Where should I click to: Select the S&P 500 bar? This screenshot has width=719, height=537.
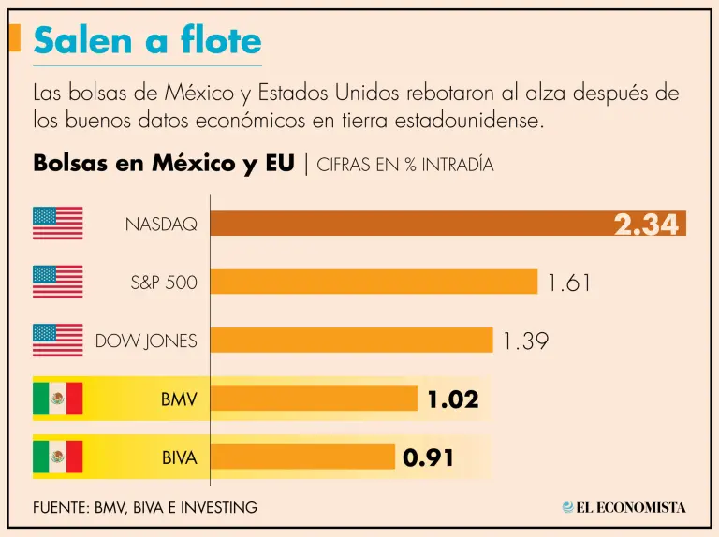click(x=374, y=282)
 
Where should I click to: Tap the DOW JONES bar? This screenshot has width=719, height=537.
click(x=351, y=340)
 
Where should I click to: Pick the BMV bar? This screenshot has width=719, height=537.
click(x=314, y=399)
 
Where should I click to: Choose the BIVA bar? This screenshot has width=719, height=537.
click(x=302, y=457)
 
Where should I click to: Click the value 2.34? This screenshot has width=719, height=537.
click(x=646, y=224)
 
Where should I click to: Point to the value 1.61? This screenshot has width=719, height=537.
click(x=569, y=283)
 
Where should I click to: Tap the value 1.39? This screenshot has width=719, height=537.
click(x=525, y=341)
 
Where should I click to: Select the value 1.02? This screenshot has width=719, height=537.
click(x=453, y=399)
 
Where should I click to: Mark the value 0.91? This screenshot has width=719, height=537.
click(x=429, y=457)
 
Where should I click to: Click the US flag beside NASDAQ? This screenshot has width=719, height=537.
click(x=58, y=223)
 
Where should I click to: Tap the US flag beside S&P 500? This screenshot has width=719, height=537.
click(x=58, y=282)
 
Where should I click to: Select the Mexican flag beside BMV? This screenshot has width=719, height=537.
click(x=58, y=399)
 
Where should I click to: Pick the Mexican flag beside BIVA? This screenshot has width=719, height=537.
click(x=58, y=457)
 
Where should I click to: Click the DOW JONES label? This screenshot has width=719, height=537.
click(x=146, y=341)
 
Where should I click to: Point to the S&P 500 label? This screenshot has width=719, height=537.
click(x=164, y=283)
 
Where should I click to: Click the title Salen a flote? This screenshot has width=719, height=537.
click(x=147, y=41)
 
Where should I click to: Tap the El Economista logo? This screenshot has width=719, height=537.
click(x=624, y=507)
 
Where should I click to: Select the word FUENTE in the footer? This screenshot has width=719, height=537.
click(x=60, y=507)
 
